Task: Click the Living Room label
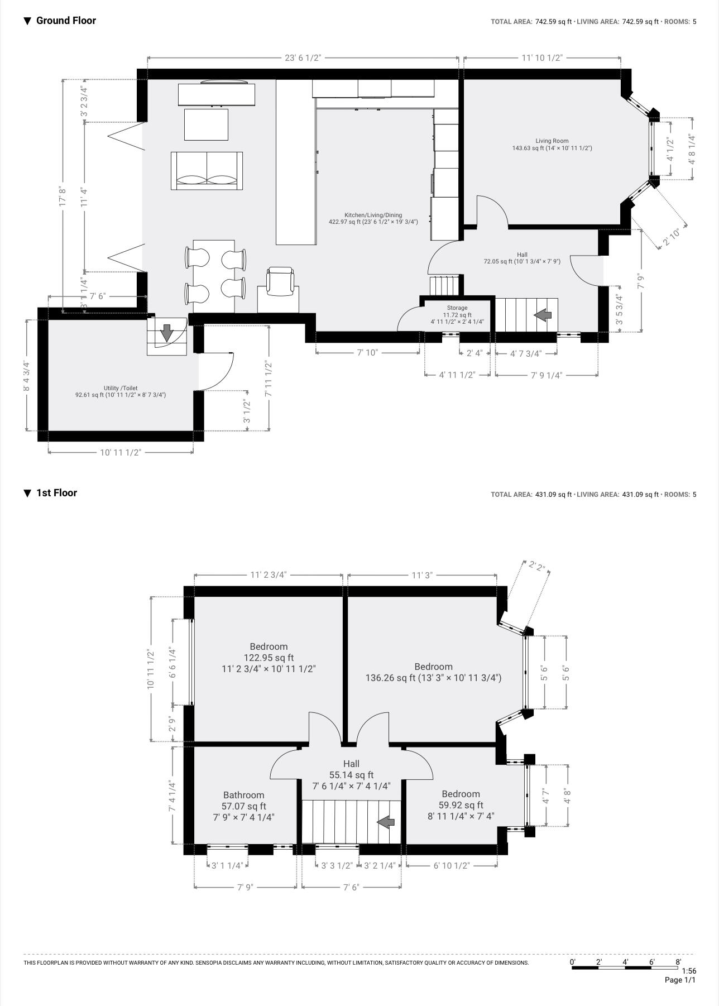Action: click(552, 145)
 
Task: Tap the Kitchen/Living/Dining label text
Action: click(373, 218)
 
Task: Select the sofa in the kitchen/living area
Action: click(207, 171)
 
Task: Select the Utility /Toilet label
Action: click(120, 391)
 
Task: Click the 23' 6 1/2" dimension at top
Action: click(303, 58)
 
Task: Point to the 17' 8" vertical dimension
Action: click(63, 197)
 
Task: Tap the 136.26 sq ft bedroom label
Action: click(433, 672)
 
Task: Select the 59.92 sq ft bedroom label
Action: click(461, 805)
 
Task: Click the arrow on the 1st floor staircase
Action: click(386, 822)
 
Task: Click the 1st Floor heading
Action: click(56, 493)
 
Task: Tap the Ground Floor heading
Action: click(66, 21)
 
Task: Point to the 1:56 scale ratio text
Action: click(689, 971)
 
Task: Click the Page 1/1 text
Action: click(680, 980)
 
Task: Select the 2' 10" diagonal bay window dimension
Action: click(672, 237)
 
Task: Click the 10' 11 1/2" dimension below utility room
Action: click(121, 452)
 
